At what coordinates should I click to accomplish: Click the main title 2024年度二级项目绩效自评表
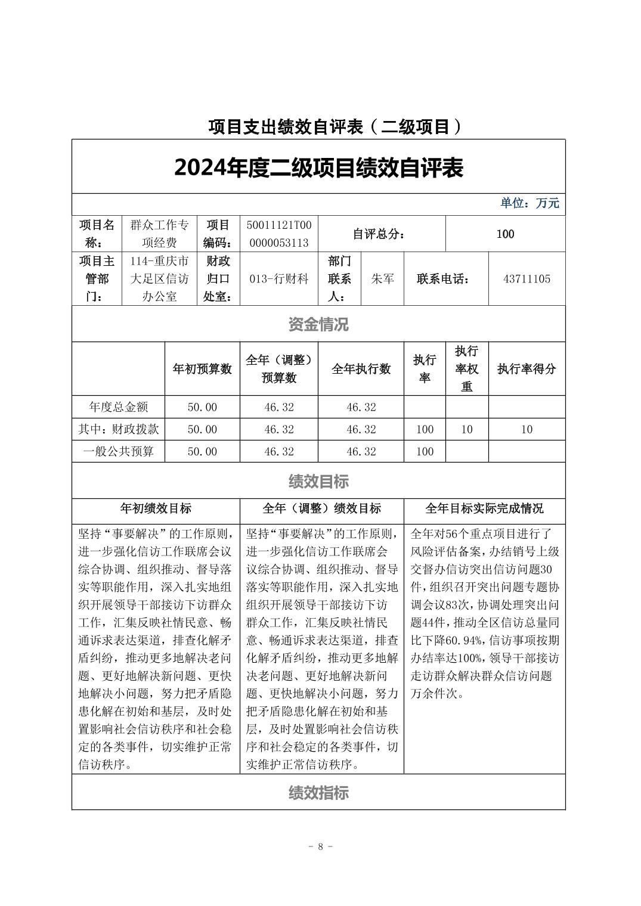[318, 168]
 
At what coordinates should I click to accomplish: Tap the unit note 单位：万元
[529, 203]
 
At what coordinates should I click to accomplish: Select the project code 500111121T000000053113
[278, 234]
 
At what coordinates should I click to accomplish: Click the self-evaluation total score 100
[505, 234]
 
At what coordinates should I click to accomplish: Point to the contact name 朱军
[382, 278]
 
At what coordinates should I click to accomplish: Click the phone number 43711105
[527, 278]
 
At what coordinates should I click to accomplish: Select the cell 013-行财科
[278, 278]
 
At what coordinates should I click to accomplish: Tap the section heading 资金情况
[318, 324]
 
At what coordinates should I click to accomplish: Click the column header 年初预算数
[202, 368]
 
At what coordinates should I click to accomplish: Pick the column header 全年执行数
[361, 368]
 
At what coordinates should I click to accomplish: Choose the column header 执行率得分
[527, 368]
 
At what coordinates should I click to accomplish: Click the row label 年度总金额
[118, 407]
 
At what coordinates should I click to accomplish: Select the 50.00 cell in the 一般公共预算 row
[202, 451]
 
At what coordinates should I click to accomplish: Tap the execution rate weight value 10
[467, 429]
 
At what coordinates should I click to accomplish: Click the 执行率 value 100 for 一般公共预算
[425, 451]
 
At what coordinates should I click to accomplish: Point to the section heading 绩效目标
[318, 481]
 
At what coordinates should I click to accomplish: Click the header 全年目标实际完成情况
[484, 508]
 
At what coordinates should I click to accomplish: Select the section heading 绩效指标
[318, 793]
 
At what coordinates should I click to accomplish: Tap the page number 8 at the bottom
[320, 846]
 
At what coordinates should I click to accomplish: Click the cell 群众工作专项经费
[159, 234]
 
